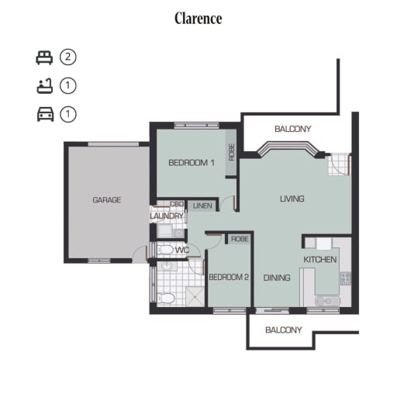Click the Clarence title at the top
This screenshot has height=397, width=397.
pos(198,19)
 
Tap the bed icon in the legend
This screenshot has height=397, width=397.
pos(44,57)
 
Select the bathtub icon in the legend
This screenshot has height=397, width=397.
pos(45,86)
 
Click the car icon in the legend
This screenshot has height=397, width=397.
pos(46,114)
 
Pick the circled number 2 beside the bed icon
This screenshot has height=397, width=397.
pos(68,57)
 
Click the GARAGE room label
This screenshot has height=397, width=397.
pos(107,200)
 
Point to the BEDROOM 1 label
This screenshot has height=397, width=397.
pos(192,163)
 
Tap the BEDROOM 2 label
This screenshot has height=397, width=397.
pos(229,278)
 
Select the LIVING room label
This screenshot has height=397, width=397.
pos(292,198)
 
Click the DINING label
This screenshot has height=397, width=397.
pos(277,278)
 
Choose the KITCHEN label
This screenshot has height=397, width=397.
pos(320,260)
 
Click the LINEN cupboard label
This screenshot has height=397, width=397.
pos(202,206)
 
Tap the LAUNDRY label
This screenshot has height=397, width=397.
pos(167,216)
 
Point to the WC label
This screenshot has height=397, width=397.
pos(182,250)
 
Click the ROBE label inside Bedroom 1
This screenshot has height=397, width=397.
pos(232,152)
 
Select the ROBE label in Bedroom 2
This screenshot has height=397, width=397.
pos(240,239)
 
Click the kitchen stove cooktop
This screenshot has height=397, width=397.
pos(346,278)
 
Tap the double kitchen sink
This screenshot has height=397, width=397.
pos(327,301)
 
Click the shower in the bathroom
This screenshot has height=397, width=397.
pos(195,295)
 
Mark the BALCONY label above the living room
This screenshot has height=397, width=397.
pos(293,129)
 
